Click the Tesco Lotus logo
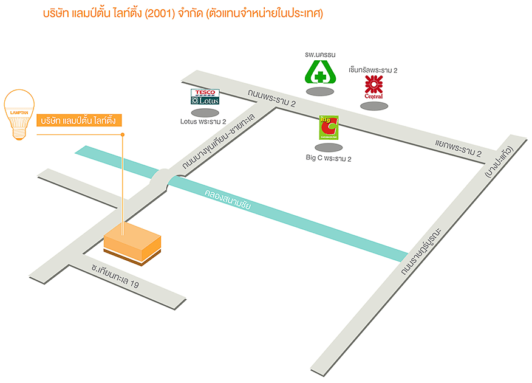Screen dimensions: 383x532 [205, 97]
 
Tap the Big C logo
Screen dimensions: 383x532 [329, 128]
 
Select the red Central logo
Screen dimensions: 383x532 [373, 87]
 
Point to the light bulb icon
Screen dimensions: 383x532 [19, 114]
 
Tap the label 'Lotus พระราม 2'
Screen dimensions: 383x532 [203, 122]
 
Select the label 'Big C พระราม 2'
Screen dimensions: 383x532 [328, 158]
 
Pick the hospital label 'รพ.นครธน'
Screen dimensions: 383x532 [321, 53]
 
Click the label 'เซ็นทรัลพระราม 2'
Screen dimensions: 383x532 [373, 71]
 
